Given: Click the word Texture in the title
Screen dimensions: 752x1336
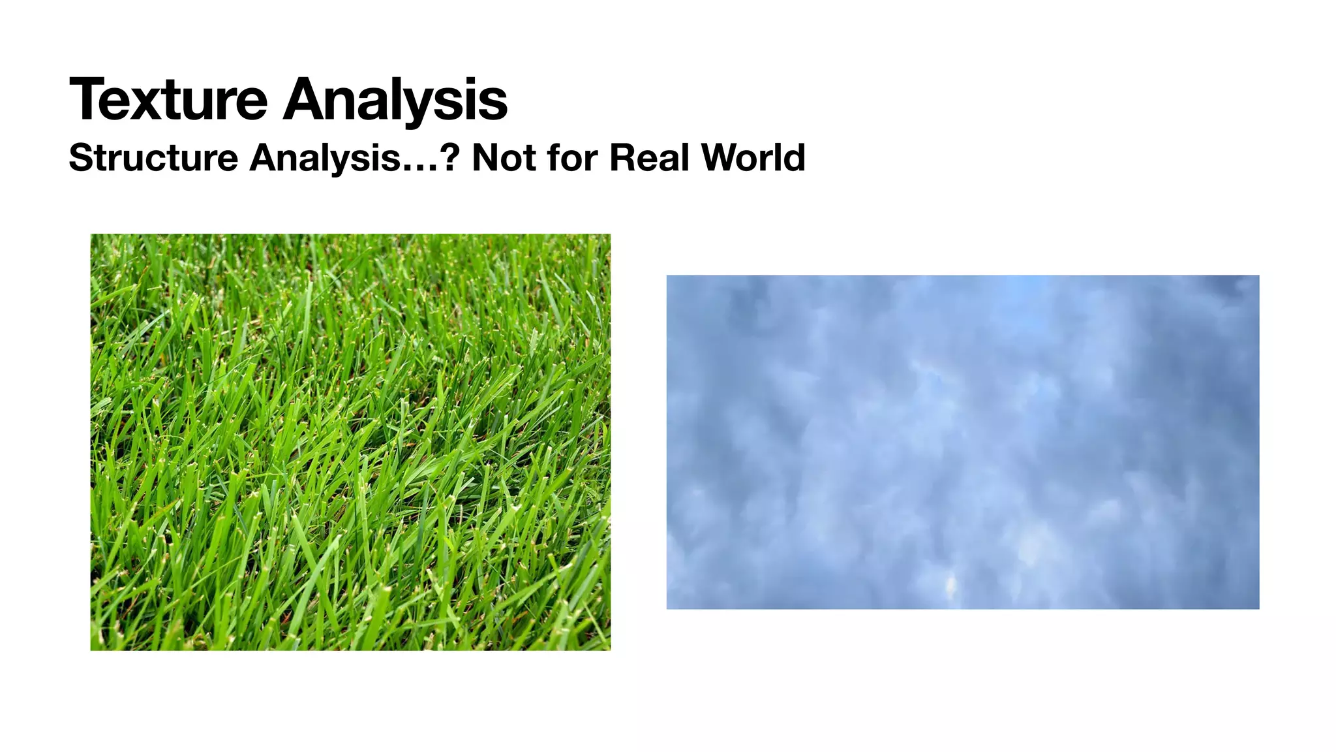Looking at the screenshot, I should (x=168, y=99).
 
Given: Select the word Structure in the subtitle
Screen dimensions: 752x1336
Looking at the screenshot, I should (x=153, y=158).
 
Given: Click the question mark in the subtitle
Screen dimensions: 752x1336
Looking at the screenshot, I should (x=451, y=158).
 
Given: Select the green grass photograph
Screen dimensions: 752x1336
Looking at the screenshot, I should (x=350, y=442).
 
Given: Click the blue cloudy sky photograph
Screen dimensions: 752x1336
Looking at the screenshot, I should (x=962, y=442).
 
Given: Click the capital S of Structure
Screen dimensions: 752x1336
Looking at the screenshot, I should (x=82, y=158).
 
